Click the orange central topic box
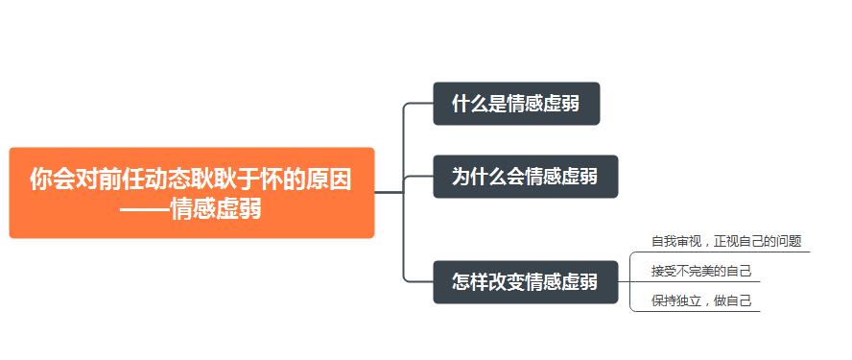point(191,192)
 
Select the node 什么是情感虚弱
point(516,104)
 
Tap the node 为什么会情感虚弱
point(525,177)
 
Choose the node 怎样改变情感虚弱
point(525,282)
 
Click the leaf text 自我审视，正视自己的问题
point(726,241)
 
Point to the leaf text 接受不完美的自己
point(701,271)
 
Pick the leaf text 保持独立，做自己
point(701,300)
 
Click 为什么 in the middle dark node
point(480,178)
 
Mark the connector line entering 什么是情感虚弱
point(418,103)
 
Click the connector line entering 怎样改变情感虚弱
point(418,282)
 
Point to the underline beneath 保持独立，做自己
point(701,312)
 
